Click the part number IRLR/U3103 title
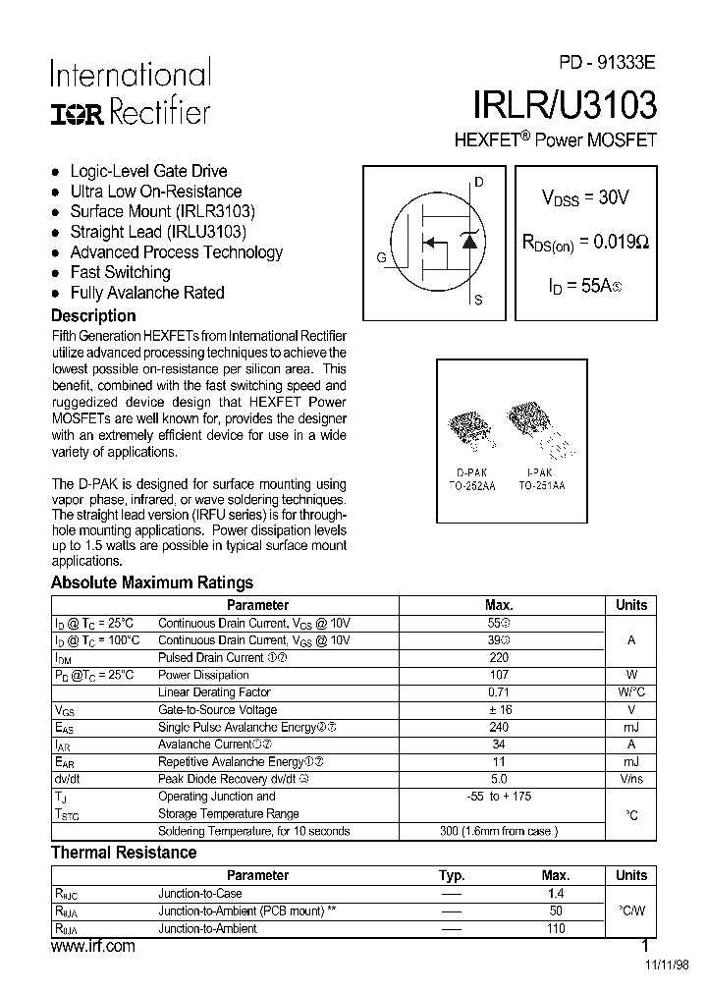coord(564,102)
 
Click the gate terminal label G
coord(380,257)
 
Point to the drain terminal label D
coord(479,183)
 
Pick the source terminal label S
coord(478,301)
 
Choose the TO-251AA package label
coord(541,485)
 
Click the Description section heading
coord(93,316)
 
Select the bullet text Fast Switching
coord(120,272)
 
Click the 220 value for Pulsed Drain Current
coord(499,657)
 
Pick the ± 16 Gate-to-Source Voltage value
coord(499,709)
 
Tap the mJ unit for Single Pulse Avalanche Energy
coord(630,727)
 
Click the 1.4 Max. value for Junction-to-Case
coord(555,894)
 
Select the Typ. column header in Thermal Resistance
coord(452,875)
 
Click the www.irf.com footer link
coord(92,946)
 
